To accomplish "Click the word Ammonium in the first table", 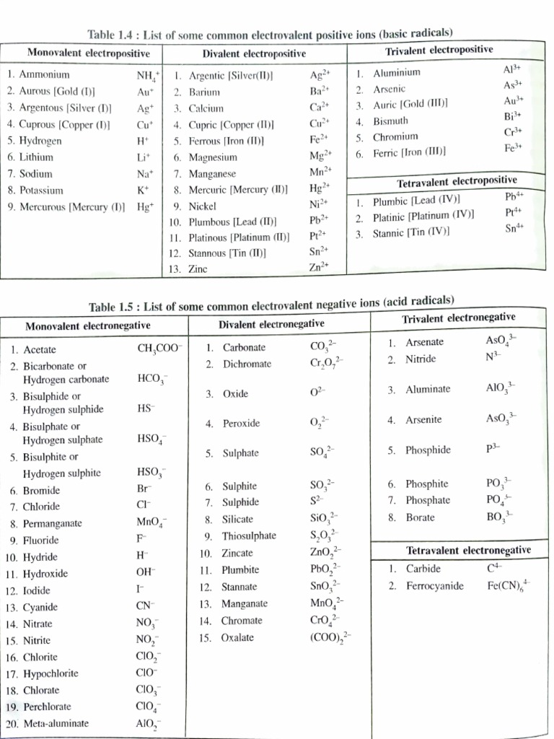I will [44, 74].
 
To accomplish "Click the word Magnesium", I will [212, 157].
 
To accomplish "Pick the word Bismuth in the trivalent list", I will [390, 121].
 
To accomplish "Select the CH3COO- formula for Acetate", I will [159, 349].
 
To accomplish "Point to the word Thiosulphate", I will [249, 536].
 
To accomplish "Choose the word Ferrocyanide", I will [434, 585].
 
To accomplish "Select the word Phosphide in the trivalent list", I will [428, 450].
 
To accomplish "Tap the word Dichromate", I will [247, 364].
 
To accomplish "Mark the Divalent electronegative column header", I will [271, 324].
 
